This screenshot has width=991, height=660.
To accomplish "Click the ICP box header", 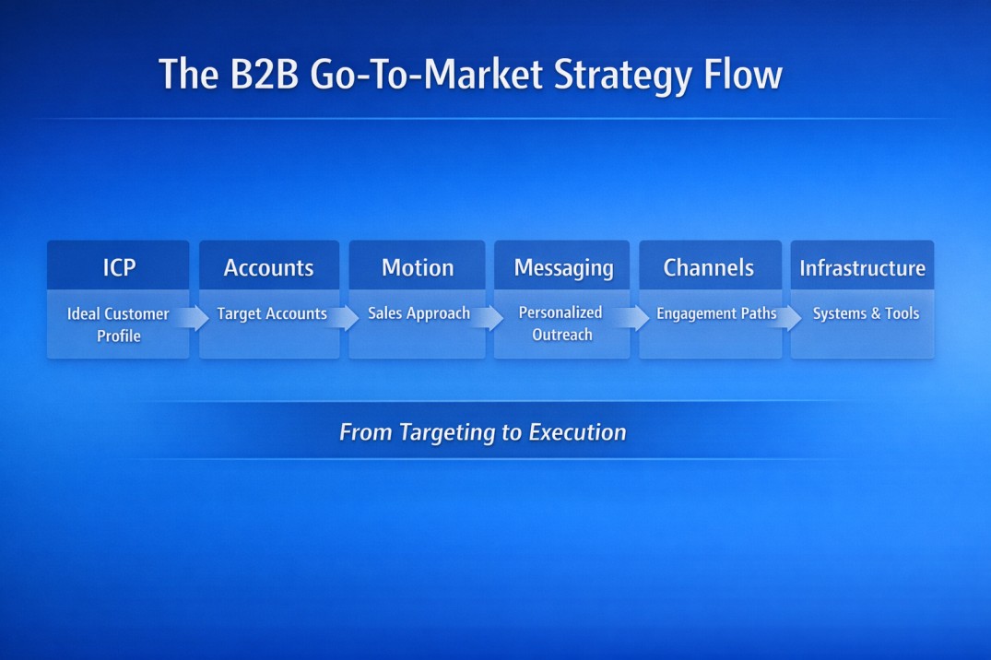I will click(x=119, y=267).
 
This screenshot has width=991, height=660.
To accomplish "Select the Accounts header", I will click(x=268, y=268).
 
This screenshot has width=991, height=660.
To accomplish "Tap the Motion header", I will click(x=418, y=267).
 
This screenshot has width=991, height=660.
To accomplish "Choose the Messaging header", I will click(x=563, y=268).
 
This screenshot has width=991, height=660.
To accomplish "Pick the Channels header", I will click(x=708, y=268).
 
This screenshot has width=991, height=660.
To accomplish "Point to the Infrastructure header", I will click(x=862, y=268).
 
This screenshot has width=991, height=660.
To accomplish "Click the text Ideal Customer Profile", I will click(x=118, y=324).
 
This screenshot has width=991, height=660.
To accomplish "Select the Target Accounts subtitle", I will click(x=272, y=314).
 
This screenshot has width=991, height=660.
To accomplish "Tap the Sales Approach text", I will click(x=419, y=313).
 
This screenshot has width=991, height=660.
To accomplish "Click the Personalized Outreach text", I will click(x=560, y=324).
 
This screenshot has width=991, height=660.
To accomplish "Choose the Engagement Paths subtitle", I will click(x=715, y=314).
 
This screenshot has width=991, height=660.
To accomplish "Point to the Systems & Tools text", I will click(x=866, y=314).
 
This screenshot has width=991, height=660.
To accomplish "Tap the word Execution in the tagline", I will click(x=577, y=432).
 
